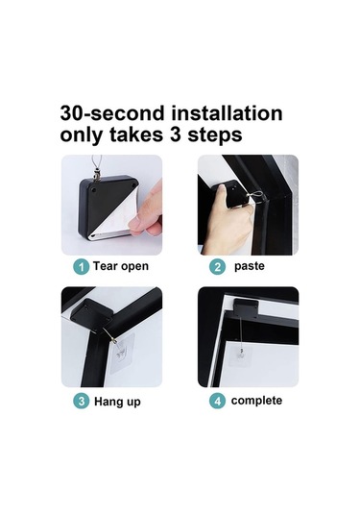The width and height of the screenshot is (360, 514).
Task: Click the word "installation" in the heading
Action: coord(227,113)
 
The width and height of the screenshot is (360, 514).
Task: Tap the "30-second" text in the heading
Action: coord(112,113)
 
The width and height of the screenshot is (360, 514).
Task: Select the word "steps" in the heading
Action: coord(214,135)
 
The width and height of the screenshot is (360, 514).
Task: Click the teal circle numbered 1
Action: coord(81,266)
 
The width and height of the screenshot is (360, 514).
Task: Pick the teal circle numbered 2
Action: coord(218,266)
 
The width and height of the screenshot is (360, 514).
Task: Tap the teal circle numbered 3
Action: coord(81,401)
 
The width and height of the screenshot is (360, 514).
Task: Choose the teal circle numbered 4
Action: coord(218,401)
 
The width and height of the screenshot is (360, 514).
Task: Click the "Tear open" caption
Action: coord(121,266)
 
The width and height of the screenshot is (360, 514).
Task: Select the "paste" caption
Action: coord(250,266)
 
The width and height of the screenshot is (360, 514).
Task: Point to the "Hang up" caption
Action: coord(117,402)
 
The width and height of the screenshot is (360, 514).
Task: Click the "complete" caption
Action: coord(256,401)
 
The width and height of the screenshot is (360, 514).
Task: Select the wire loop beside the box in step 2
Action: coord(257,196)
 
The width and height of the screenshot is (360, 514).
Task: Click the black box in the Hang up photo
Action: coord(91,312)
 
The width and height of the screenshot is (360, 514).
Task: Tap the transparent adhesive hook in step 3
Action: coord(122,354)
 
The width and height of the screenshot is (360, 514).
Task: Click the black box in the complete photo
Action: coord(246,308)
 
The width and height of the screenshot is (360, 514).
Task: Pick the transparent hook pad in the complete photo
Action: coord(241,355)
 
